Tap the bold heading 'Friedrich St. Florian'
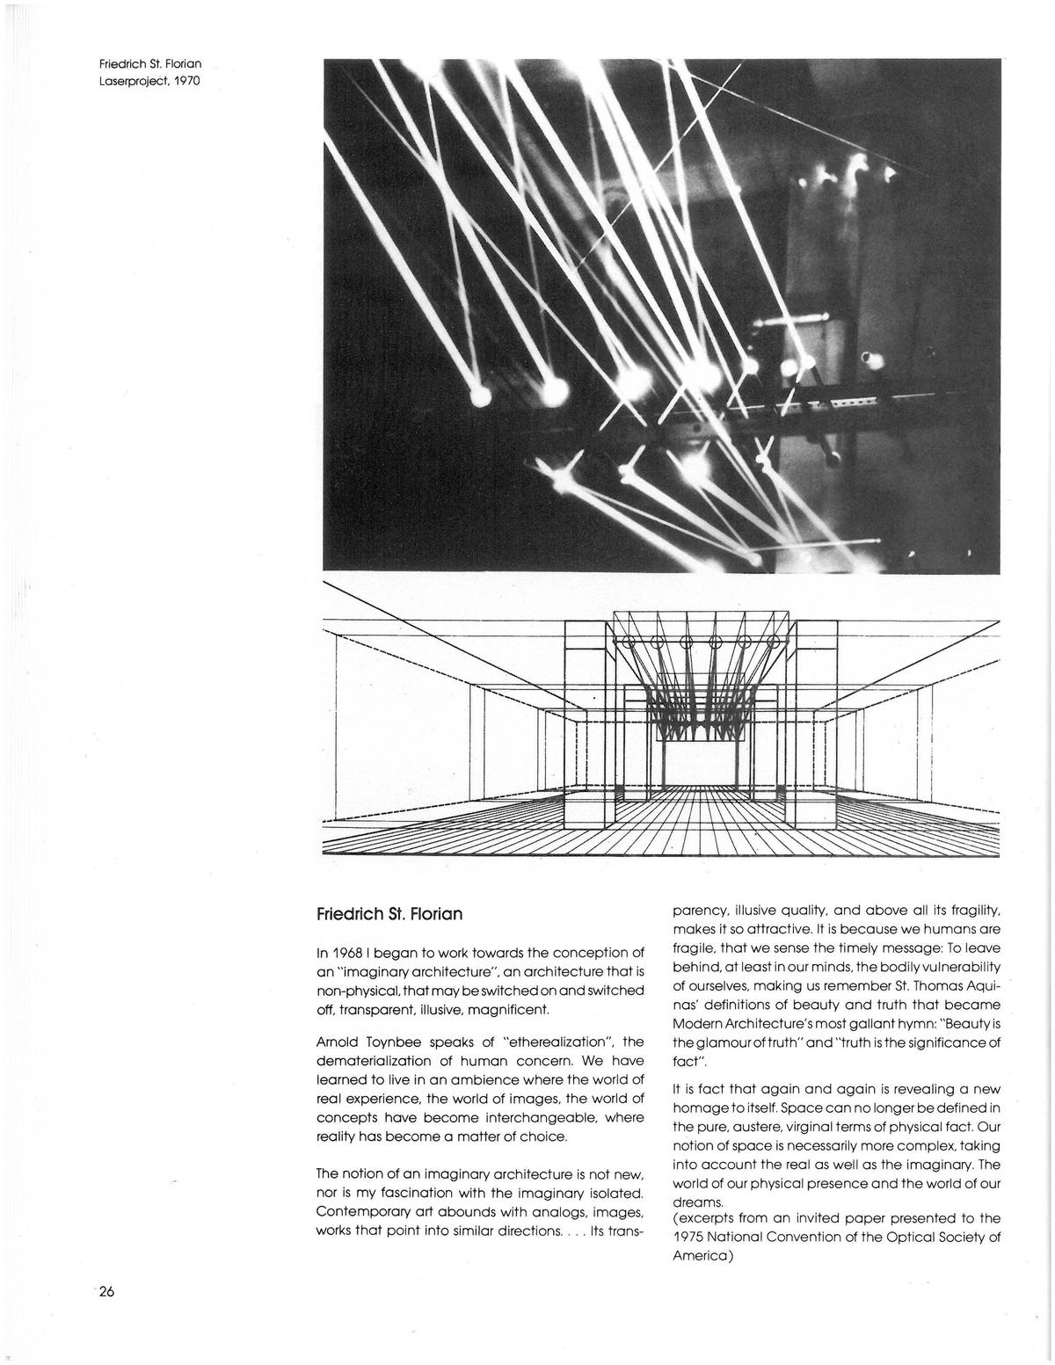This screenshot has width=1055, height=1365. pos(389,914)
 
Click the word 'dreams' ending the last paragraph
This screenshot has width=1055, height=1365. pos(696,1202)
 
